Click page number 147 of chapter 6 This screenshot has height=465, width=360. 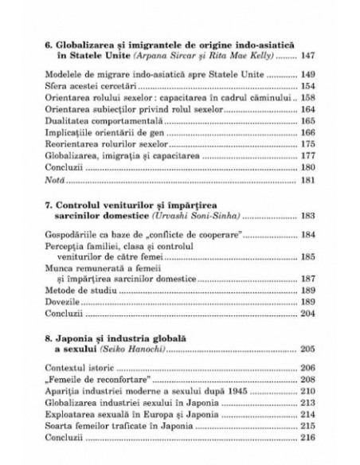(x=307, y=57)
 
